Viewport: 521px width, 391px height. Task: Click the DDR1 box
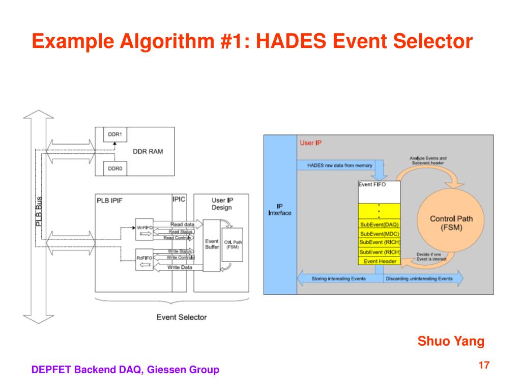point(114,135)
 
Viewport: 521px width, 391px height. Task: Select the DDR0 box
point(114,167)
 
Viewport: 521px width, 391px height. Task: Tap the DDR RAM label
point(148,152)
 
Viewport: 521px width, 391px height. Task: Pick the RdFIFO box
point(144,258)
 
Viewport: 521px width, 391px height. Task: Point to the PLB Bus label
point(39,211)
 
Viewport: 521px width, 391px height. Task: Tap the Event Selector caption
point(181,317)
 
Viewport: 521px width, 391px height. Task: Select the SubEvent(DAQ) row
point(380,224)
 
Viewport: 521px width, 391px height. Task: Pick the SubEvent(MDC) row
point(380,233)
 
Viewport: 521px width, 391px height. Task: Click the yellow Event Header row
point(380,261)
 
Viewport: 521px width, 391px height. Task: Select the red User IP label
point(310,143)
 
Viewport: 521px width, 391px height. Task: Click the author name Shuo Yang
point(451,341)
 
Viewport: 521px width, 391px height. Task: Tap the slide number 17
point(483,365)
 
